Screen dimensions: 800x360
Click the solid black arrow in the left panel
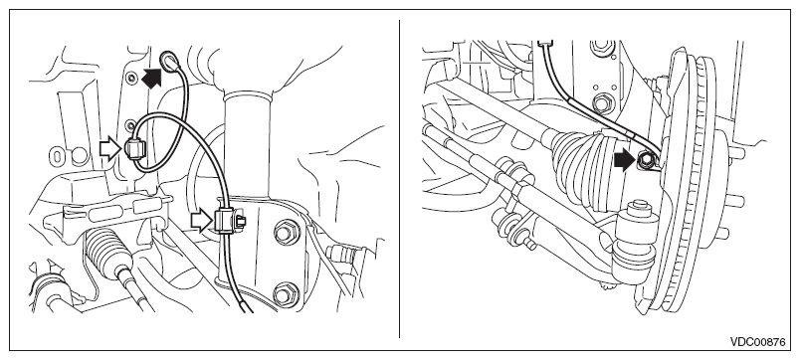pos(151,78)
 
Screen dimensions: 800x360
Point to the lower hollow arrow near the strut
pos(202,222)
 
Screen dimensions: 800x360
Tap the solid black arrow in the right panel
pos(624,161)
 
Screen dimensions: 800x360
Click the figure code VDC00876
pos(757,342)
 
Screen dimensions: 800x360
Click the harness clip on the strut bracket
pos(228,221)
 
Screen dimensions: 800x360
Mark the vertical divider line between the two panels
pos(399,179)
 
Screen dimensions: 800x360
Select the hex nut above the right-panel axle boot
pos(603,103)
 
